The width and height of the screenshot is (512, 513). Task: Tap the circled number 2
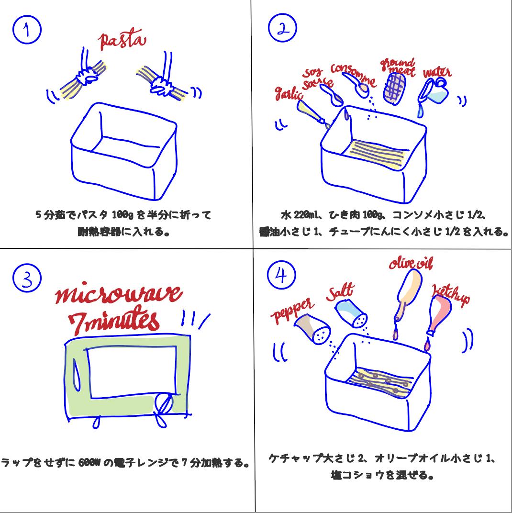(282, 28)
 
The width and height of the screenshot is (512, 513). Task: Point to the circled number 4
(282, 278)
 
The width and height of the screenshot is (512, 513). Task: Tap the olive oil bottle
(408, 289)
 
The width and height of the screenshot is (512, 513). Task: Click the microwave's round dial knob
(164, 404)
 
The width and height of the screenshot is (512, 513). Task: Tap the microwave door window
(131, 372)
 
